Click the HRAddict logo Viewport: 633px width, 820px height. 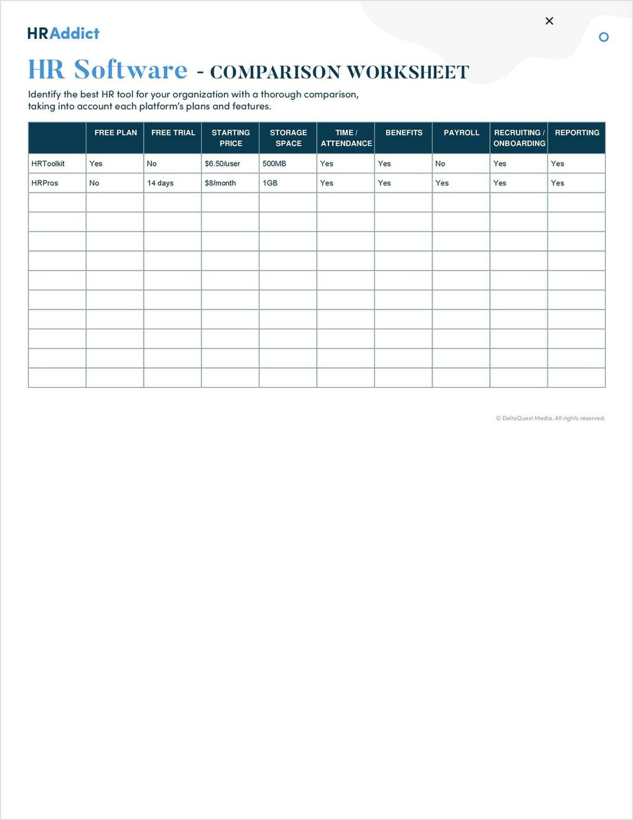click(x=63, y=33)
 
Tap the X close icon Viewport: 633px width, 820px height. click(x=549, y=21)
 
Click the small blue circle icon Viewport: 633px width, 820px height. click(x=604, y=37)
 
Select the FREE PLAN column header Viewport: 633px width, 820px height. click(x=116, y=133)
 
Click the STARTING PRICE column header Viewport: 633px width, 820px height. click(x=231, y=138)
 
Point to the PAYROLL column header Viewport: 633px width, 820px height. click(x=462, y=133)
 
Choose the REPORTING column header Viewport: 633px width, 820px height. click(x=577, y=133)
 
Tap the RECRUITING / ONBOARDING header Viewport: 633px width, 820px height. click(x=519, y=138)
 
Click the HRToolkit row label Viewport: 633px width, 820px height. click(x=48, y=163)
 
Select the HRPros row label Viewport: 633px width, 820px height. click(x=45, y=183)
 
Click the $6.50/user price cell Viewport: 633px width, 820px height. click(x=222, y=163)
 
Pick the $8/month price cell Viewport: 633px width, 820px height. click(x=220, y=183)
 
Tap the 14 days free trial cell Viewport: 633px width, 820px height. click(x=160, y=183)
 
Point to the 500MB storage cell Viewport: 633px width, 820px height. click(x=274, y=163)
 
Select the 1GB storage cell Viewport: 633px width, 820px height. click(x=270, y=183)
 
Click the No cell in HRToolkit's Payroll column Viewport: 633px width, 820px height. click(x=440, y=163)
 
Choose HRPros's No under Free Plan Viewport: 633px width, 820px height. click(x=94, y=183)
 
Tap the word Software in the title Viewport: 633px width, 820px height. click(x=130, y=70)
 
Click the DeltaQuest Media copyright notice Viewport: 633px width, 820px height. click(x=550, y=418)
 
